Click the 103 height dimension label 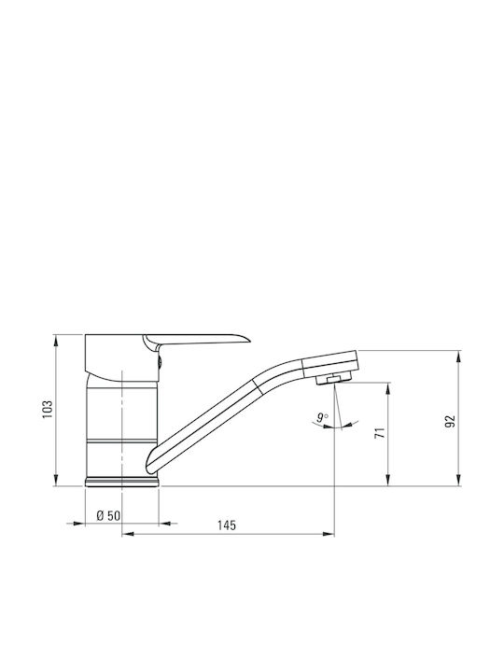click(x=48, y=410)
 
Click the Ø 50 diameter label click(x=108, y=515)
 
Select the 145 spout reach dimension click(x=226, y=525)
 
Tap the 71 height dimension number click(x=380, y=433)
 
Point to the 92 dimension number click(x=450, y=421)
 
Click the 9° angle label click(x=323, y=417)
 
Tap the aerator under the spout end click(x=333, y=378)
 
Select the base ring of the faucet click(x=122, y=483)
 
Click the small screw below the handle click(x=160, y=362)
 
